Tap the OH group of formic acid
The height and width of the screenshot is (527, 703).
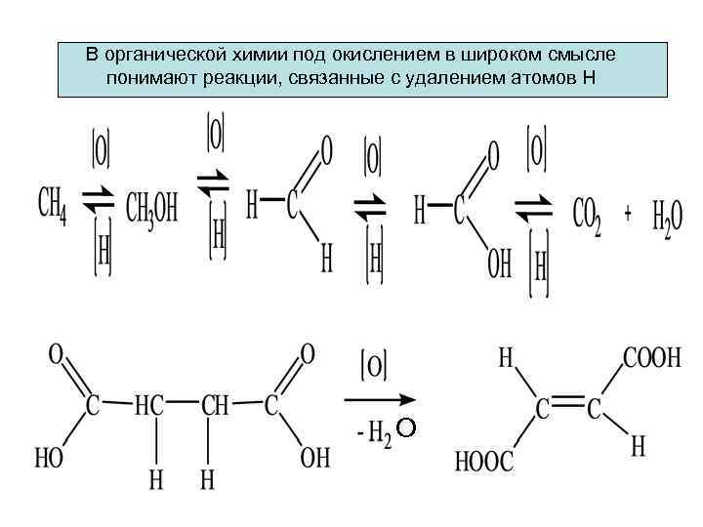(499, 264)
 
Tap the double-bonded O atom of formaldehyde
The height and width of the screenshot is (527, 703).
(326, 150)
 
